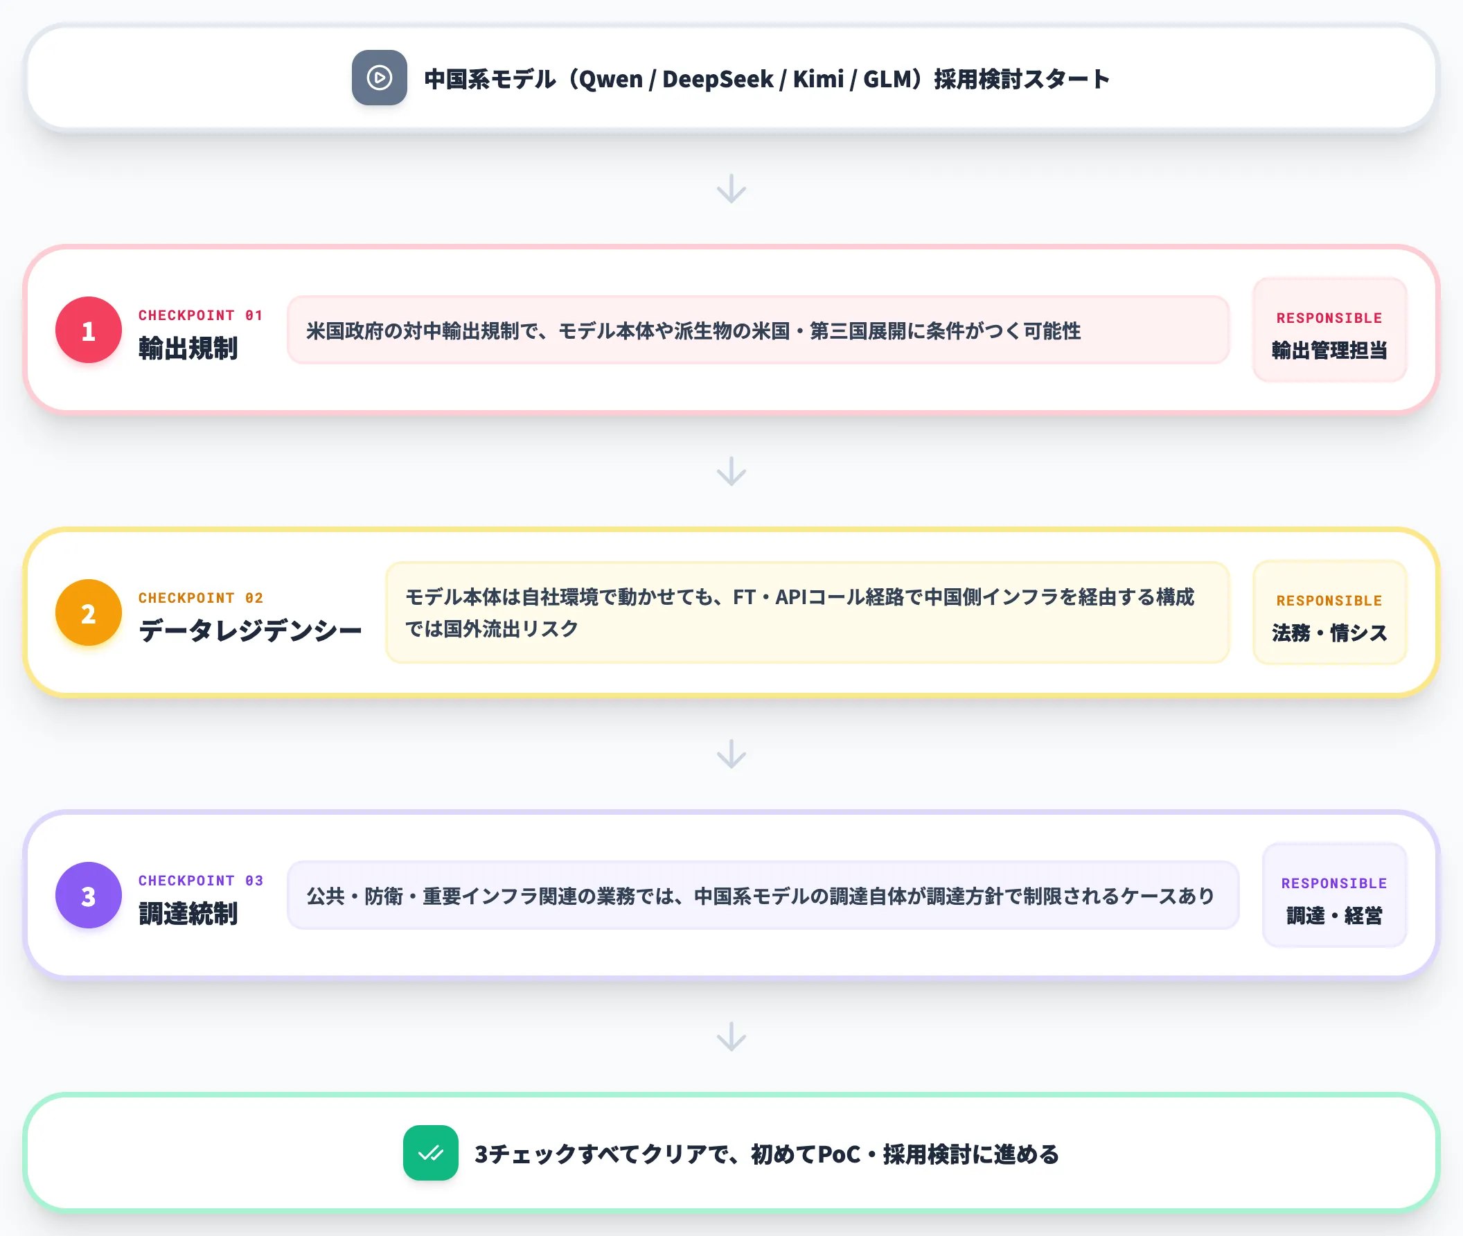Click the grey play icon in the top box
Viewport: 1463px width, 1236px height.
[379, 78]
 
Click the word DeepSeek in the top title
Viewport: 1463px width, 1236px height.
[718, 79]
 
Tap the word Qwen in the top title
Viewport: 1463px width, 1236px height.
[610, 80]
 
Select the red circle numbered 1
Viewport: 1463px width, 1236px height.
[88, 330]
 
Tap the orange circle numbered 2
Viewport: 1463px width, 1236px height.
[88, 612]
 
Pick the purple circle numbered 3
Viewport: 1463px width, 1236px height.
[88, 894]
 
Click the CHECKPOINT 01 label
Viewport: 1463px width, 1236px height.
[200, 315]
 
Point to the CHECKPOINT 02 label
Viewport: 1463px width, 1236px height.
[200, 598]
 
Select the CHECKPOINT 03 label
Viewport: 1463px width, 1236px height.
[200, 880]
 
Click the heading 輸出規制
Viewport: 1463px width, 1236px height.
[188, 348]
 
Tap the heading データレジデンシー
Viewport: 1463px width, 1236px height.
[250, 630]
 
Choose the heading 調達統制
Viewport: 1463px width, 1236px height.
[188, 914]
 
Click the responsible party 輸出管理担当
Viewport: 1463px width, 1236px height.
[1329, 350]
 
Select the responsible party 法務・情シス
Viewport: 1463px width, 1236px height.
[1329, 632]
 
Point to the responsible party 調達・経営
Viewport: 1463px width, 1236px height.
[1334, 915]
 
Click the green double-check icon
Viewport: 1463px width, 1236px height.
[430, 1153]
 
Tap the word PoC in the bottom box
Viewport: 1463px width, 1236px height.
[839, 1154]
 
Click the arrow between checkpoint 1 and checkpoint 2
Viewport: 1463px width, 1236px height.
[731, 471]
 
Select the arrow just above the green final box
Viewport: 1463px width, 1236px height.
[731, 1036]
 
